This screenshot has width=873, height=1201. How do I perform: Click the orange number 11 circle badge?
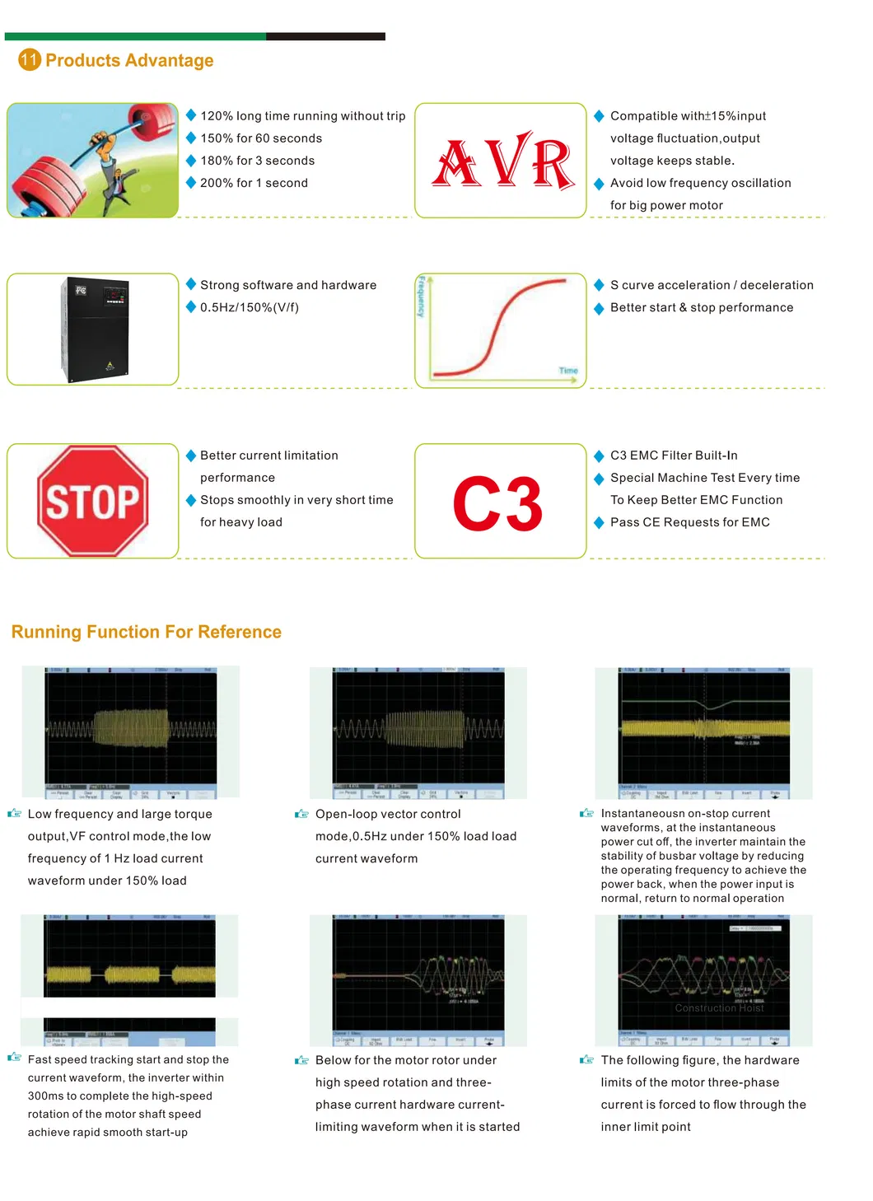click(30, 59)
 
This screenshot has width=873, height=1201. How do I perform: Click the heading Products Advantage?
click(129, 60)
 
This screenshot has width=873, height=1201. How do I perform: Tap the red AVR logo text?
click(503, 161)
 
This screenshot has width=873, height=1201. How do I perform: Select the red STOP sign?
click(93, 501)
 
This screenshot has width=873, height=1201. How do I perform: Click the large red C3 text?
click(497, 504)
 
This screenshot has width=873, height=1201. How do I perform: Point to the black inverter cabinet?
click(96, 329)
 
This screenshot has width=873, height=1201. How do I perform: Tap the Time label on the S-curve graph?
click(568, 371)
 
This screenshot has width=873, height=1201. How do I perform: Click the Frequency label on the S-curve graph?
click(421, 297)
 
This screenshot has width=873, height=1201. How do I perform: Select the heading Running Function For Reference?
click(147, 632)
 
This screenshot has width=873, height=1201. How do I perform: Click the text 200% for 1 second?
click(254, 183)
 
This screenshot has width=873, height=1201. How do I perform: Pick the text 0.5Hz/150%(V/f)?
click(250, 307)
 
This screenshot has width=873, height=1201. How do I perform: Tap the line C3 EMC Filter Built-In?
click(674, 456)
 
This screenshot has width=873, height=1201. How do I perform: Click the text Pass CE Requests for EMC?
click(689, 522)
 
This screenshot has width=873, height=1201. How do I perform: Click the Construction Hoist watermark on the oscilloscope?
click(719, 1007)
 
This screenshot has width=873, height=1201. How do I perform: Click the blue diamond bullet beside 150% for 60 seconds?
click(191, 138)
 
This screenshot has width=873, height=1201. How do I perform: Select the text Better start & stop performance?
click(702, 307)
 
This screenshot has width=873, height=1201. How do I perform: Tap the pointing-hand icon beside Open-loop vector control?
click(301, 814)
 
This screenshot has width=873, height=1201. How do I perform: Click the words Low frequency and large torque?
click(120, 814)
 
